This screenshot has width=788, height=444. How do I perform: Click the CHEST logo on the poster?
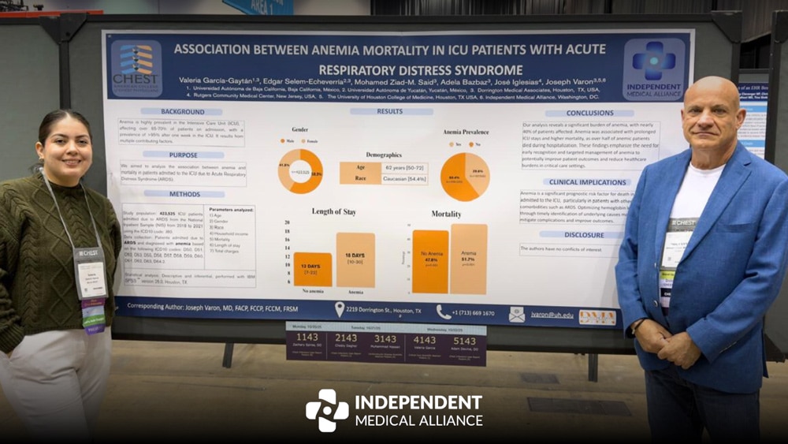(x=136, y=68)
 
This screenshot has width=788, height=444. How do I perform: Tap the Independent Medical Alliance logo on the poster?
(x=654, y=69)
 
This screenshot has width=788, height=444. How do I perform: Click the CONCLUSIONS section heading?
(x=578, y=114)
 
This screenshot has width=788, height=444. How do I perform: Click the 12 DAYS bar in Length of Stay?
(x=313, y=269)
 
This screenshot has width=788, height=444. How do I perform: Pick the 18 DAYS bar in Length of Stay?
(x=355, y=259)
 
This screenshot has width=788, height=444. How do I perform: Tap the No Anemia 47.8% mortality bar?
(x=430, y=262)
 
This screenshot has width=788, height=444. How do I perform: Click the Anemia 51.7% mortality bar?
(x=469, y=259)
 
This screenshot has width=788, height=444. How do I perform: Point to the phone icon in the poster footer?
(x=444, y=312)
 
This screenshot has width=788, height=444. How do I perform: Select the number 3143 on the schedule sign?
(x=385, y=338)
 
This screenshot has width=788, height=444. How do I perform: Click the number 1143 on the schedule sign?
(x=307, y=337)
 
